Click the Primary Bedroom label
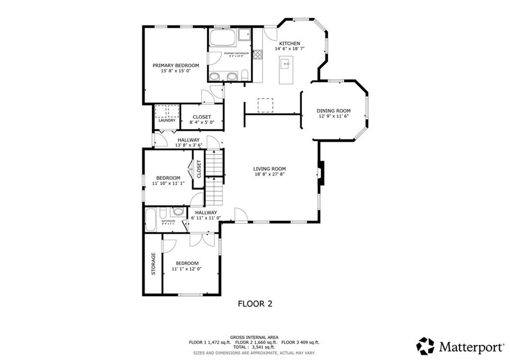[175, 65]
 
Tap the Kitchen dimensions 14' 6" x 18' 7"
[289, 49]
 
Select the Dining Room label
[334, 111]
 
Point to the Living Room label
[269, 168]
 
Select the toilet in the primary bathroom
[245, 76]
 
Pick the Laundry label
[166, 120]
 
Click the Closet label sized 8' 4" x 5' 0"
[202, 117]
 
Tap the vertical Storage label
[153, 264]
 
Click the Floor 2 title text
[255, 303]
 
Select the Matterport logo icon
[425, 346]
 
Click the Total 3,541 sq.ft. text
[254, 348]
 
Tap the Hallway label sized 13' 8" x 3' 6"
[188, 140]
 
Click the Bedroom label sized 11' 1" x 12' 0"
[187, 263]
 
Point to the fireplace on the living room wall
[321, 173]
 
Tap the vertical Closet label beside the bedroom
[198, 169]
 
